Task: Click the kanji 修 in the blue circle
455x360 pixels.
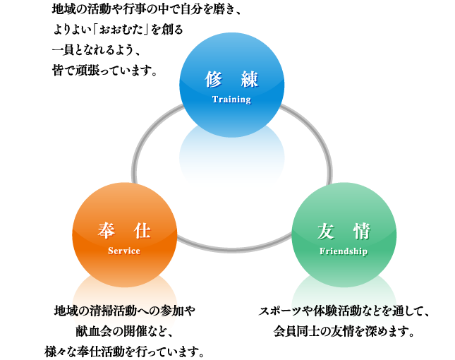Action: (214, 79)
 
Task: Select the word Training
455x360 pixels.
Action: (231, 100)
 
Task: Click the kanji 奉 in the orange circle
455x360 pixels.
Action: (107, 230)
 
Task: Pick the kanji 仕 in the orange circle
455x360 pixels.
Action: (142, 230)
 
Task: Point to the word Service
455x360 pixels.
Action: (124, 251)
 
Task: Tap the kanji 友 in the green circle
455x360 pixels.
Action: (326, 230)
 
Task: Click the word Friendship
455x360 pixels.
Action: (344, 251)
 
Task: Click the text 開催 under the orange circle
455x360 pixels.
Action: (124, 330)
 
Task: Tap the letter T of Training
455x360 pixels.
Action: (215, 100)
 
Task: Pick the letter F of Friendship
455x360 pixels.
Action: (322, 251)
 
